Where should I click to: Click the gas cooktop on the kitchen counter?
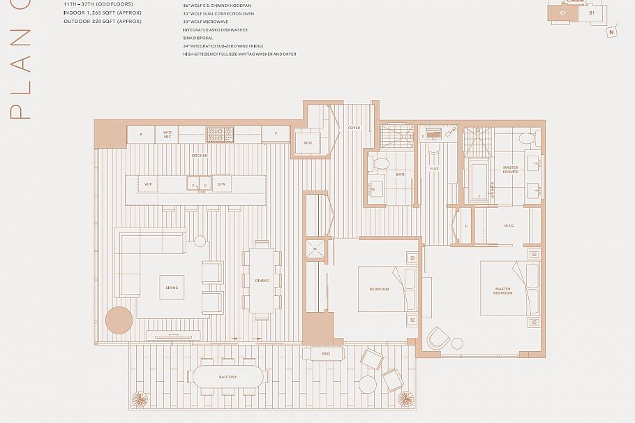click(219, 133)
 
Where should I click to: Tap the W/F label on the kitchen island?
click(148, 184)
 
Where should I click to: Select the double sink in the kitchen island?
click(198, 184)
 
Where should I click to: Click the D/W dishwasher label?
click(221, 184)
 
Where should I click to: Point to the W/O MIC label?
click(167, 134)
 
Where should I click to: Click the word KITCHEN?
click(200, 156)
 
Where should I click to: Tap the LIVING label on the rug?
click(172, 288)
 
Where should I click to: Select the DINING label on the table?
click(262, 281)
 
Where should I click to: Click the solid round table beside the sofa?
click(119, 320)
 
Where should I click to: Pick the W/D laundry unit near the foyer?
click(308, 143)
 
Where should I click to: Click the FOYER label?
click(354, 128)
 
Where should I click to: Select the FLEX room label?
click(434, 168)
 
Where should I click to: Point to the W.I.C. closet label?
click(509, 225)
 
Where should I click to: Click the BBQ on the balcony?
click(326, 354)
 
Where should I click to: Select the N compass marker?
click(611, 31)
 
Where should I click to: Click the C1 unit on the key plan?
click(564, 13)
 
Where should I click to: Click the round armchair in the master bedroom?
click(440, 339)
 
